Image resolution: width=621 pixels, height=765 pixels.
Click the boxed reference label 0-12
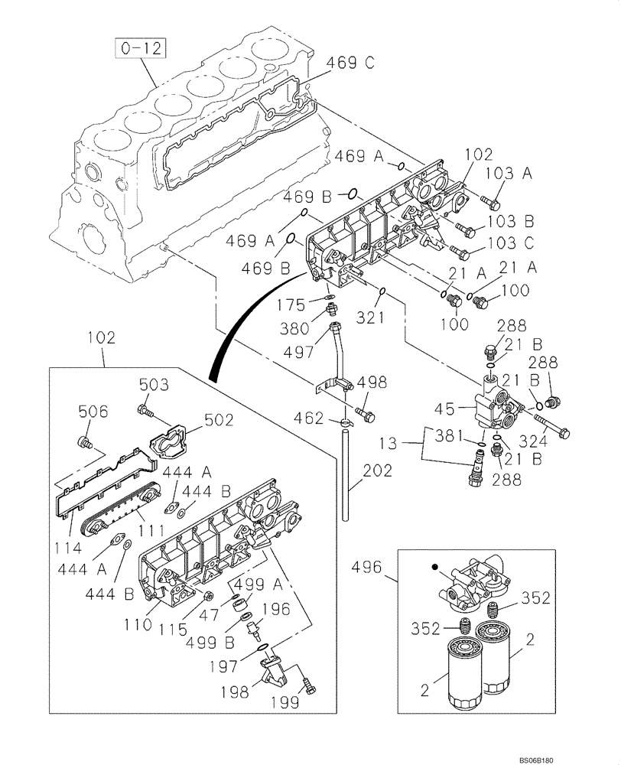tap(141, 50)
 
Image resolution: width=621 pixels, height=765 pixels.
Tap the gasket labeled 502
tap(170, 443)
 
